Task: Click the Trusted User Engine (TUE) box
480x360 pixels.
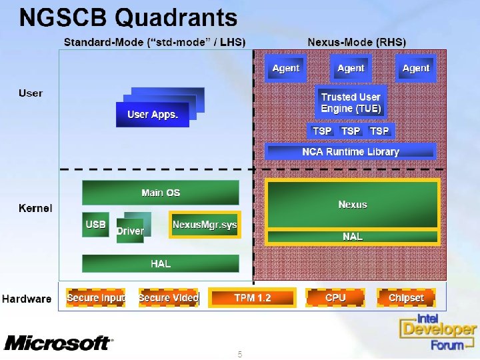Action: [x=351, y=102]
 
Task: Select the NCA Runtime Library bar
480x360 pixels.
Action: [x=351, y=151]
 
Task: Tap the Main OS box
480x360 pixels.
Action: [x=161, y=193]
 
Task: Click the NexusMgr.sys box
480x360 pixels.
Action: [x=204, y=225]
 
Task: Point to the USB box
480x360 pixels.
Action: [x=95, y=225]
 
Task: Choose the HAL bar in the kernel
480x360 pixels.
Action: [x=161, y=263]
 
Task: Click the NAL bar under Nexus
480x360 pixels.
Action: [x=353, y=237]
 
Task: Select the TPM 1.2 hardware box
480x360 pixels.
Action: [x=252, y=298]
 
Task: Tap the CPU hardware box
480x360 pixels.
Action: [x=335, y=298]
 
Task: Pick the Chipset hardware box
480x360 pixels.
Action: [x=406, y=298]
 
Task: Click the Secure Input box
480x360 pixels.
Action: [x=95, y=298]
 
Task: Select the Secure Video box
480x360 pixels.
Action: [x=168, y=298]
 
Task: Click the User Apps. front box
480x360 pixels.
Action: [x=153, y=115]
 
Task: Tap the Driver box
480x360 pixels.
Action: [x=130, y=231]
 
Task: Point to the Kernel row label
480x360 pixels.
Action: [x=35, y=209]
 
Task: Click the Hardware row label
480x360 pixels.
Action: [x=27, y=299]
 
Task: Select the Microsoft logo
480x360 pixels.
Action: [x=58, y=343]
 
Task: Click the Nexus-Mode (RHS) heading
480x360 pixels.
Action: [x=357, y=42]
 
